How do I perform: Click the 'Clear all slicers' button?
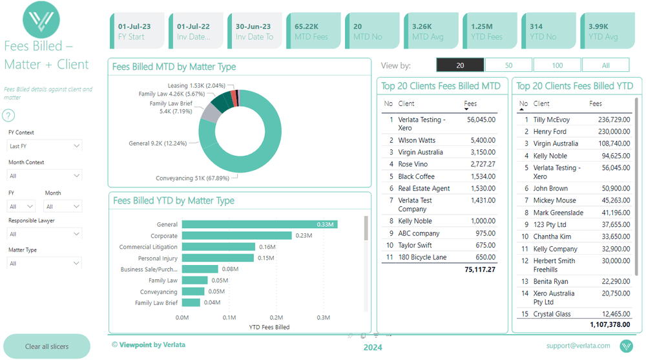tap(47, 346)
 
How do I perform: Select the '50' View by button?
tap(508, 65)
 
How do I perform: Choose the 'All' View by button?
tap(605, 65)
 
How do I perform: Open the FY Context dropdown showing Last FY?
tap(45, 146)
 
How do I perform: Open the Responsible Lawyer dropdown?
tap(45, 234)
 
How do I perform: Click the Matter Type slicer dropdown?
tap(45, 263)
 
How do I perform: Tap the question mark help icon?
tap(8, 116)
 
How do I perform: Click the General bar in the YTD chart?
tap(259, 224)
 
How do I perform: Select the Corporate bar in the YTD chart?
tap(236, 236)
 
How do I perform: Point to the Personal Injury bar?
tap(217, 258)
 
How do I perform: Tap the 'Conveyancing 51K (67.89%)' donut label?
tap(196, 178)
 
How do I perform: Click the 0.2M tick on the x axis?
tap(276, 317)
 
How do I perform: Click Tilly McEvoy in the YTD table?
tap(551, 120)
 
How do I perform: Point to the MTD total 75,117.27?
tap(479, 269)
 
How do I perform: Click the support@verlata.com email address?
tap(578, 346)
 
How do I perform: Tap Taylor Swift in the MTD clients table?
tap(415, 246)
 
